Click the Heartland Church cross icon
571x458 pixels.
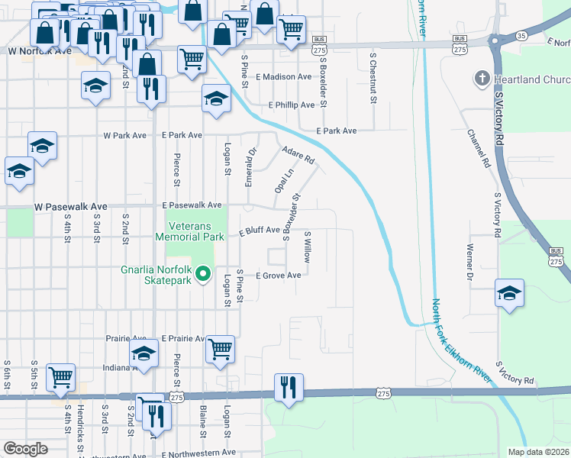[482, 79]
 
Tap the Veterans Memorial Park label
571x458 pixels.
[195, 231]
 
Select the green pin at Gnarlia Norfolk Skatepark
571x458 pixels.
[203, 273]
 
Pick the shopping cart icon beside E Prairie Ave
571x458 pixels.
[220, 349]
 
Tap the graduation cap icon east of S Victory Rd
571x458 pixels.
[509, 293]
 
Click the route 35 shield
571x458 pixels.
[500, 35]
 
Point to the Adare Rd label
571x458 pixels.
[298, 155]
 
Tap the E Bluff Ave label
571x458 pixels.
[260, 231]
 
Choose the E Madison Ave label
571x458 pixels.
[284, 77]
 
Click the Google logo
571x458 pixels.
[25, 448]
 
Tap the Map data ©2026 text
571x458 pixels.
[538, 452]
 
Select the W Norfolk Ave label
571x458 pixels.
[39, 51]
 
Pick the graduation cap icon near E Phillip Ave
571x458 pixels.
[216, 98]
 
